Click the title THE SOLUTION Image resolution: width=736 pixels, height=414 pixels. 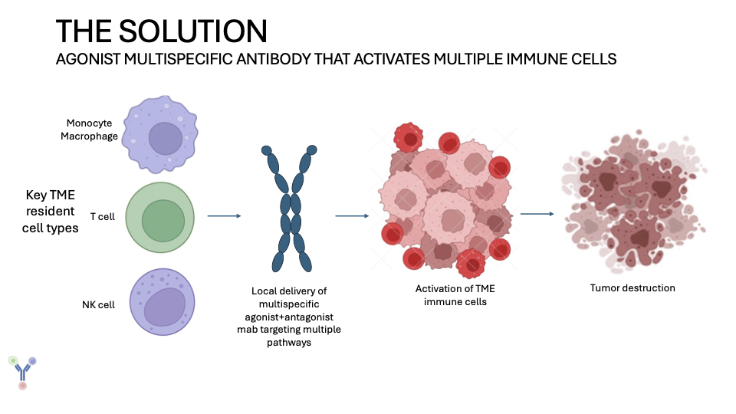point(162,31)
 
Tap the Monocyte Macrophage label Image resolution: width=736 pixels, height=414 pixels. point(92,130)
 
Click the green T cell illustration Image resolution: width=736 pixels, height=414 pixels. point(160,217)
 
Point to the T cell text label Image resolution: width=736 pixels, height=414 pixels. point(102,217)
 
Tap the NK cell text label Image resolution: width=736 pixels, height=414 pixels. point(98,304)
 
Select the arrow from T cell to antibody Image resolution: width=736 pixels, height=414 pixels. point(224,216)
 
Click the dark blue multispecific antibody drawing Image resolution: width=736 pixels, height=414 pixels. point(290,208)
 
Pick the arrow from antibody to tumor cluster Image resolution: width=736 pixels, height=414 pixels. point(353,216)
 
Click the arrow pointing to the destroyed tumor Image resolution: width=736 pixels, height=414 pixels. point(537,213)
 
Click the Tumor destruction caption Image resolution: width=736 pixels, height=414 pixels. point(632,288)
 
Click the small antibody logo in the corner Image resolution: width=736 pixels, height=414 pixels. point(22,372)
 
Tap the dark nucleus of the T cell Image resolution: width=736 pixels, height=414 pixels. point(163,220)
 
